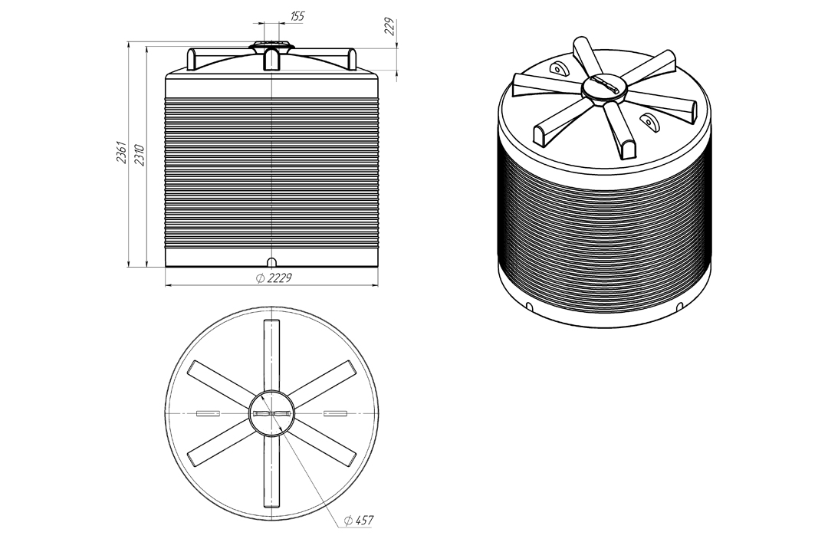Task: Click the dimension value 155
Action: (297, 16)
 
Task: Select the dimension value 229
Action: (390, 27)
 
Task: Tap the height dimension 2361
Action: (122, 152)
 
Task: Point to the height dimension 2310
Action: (140, 154)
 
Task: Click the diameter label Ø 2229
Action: (274, 278)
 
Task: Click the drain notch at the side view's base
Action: (271, 262)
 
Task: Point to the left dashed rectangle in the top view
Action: (208, 413)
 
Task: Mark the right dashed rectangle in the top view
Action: (335, 413)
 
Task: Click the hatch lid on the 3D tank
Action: (605, 89)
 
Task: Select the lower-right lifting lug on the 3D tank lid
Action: (648, 120)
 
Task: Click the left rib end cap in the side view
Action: (192, 59)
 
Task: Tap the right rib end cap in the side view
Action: (353, 58)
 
